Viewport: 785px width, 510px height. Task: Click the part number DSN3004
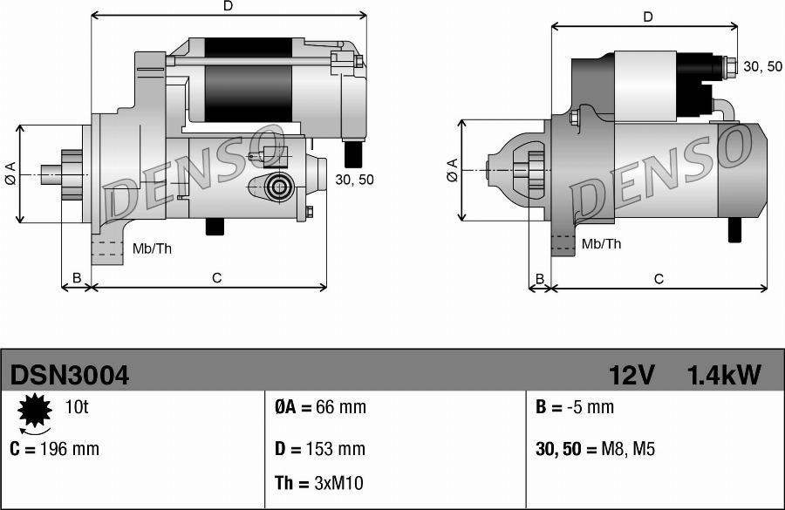tap(70, 376)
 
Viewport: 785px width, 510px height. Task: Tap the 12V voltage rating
tap(631, 376)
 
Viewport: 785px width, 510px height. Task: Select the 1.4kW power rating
tap(723, 376)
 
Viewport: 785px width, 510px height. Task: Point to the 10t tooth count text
tap(76, 407)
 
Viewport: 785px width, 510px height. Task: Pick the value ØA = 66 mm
tap(320, 407)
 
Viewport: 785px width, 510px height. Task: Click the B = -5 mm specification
tap(573, 407)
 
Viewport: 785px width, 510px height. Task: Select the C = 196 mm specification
tap(54, 449)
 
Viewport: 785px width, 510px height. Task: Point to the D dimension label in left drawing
tap(229, 6)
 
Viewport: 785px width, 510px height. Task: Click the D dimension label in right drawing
tap(647, 17)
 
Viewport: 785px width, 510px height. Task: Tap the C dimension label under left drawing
tap(217, 278)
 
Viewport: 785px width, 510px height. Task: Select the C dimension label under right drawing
tap(659, 279)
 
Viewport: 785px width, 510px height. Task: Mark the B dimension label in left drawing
tap(76, 278)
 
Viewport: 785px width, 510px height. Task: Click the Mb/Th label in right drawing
tap(601, 244)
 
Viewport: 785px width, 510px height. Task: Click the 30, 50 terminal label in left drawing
tap(354, 180)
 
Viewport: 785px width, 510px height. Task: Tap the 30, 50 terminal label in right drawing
tap(762, 66)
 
